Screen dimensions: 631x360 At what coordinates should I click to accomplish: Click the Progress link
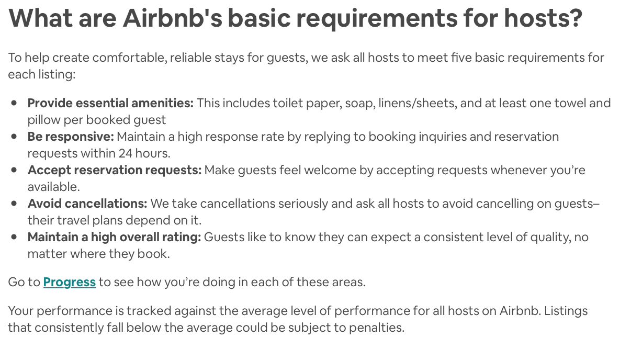coord(70,282)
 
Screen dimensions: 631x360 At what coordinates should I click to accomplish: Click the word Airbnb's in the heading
coord(172,18)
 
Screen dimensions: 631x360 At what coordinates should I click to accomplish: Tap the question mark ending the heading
coord(574,18)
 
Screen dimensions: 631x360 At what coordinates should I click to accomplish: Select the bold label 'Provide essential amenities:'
coord(110,103)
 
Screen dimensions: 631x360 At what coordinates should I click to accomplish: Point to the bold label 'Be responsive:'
coord(71,137)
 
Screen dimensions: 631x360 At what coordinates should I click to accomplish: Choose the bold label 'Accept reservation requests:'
coord(115,171)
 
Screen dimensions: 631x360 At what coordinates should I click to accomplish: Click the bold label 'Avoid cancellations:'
coord(87,204)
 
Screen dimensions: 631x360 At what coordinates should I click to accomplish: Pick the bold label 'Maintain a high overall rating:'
coord(115,237)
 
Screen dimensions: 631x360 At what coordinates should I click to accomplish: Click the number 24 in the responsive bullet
coord(126,153)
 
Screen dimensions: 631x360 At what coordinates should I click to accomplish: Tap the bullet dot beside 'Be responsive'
coord(14,137)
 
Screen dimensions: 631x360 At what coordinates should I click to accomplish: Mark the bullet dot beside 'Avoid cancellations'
coord(14,204)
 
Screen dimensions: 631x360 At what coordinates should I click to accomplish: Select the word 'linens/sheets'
coord(418,103)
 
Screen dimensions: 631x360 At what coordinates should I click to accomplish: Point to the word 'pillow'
coord(44,120)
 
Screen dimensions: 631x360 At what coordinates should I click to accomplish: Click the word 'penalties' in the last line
coord(376,328)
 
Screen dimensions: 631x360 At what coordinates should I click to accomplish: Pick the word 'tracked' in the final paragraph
coord(149,311)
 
